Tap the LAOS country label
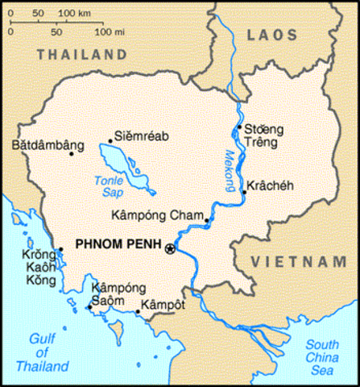(272, 34)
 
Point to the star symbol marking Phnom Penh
(169, 249)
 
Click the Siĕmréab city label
(142, 135)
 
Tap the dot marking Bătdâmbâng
(72, 153)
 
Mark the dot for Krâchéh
(243, 192)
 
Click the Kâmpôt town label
(163, 306)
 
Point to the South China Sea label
(329, 357)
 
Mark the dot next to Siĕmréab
(110, 141)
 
